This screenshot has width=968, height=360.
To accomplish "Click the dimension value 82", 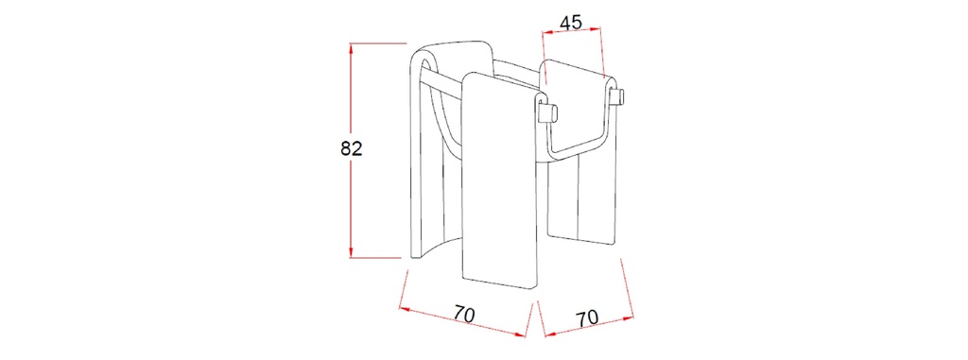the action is click(x=352, y=148).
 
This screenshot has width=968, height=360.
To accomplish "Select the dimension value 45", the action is click(x=570, y=23).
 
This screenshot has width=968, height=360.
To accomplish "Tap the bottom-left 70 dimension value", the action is click(x=464, y=314).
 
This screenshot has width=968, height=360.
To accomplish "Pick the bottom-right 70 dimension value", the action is click(x=587, y=318).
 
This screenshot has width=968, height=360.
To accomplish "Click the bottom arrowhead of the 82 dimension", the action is click(x=351, y=252).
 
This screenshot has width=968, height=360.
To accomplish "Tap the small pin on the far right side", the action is click(x=617, y=96).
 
